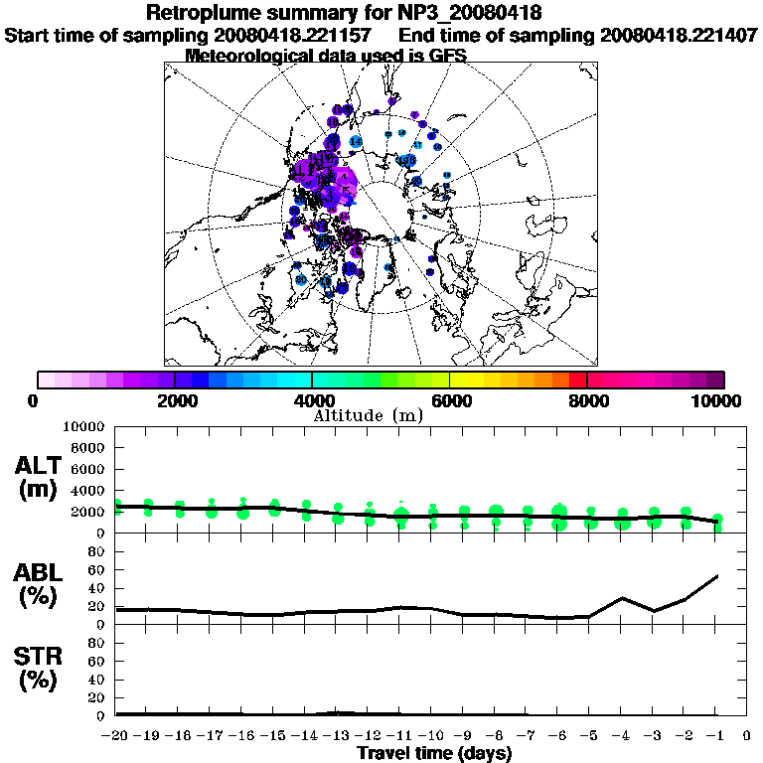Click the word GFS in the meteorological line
click(x=448, y=56)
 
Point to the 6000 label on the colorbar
click(x=449, y=400)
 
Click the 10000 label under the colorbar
click(x=721, y=400)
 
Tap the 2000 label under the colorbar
click(x=175, y=400)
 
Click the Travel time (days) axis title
click(x=434, y=753)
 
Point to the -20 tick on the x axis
click(x=116, y=736)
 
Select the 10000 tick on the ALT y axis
click(x=83, y=426)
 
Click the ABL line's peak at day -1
click(x=717, y=575)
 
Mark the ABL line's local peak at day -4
click(x=623, y=598)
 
